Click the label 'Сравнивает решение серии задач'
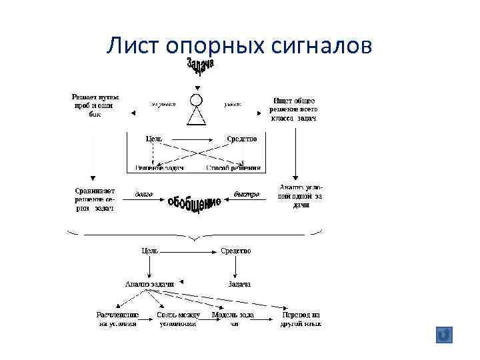(94, 199)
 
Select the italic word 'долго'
(144, 194)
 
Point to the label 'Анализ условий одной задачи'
(300, 196)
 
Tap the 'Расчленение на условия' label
(118, 319)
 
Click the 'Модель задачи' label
(233, 319)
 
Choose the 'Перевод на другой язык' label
(301, 319)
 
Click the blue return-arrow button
(443, 335)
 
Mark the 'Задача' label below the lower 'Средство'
(239, 284)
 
